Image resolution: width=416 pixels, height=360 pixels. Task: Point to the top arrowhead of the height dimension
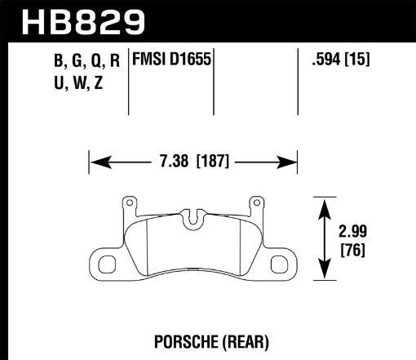click(325, 202)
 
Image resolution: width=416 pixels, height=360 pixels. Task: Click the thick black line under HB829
click(208, 40)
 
